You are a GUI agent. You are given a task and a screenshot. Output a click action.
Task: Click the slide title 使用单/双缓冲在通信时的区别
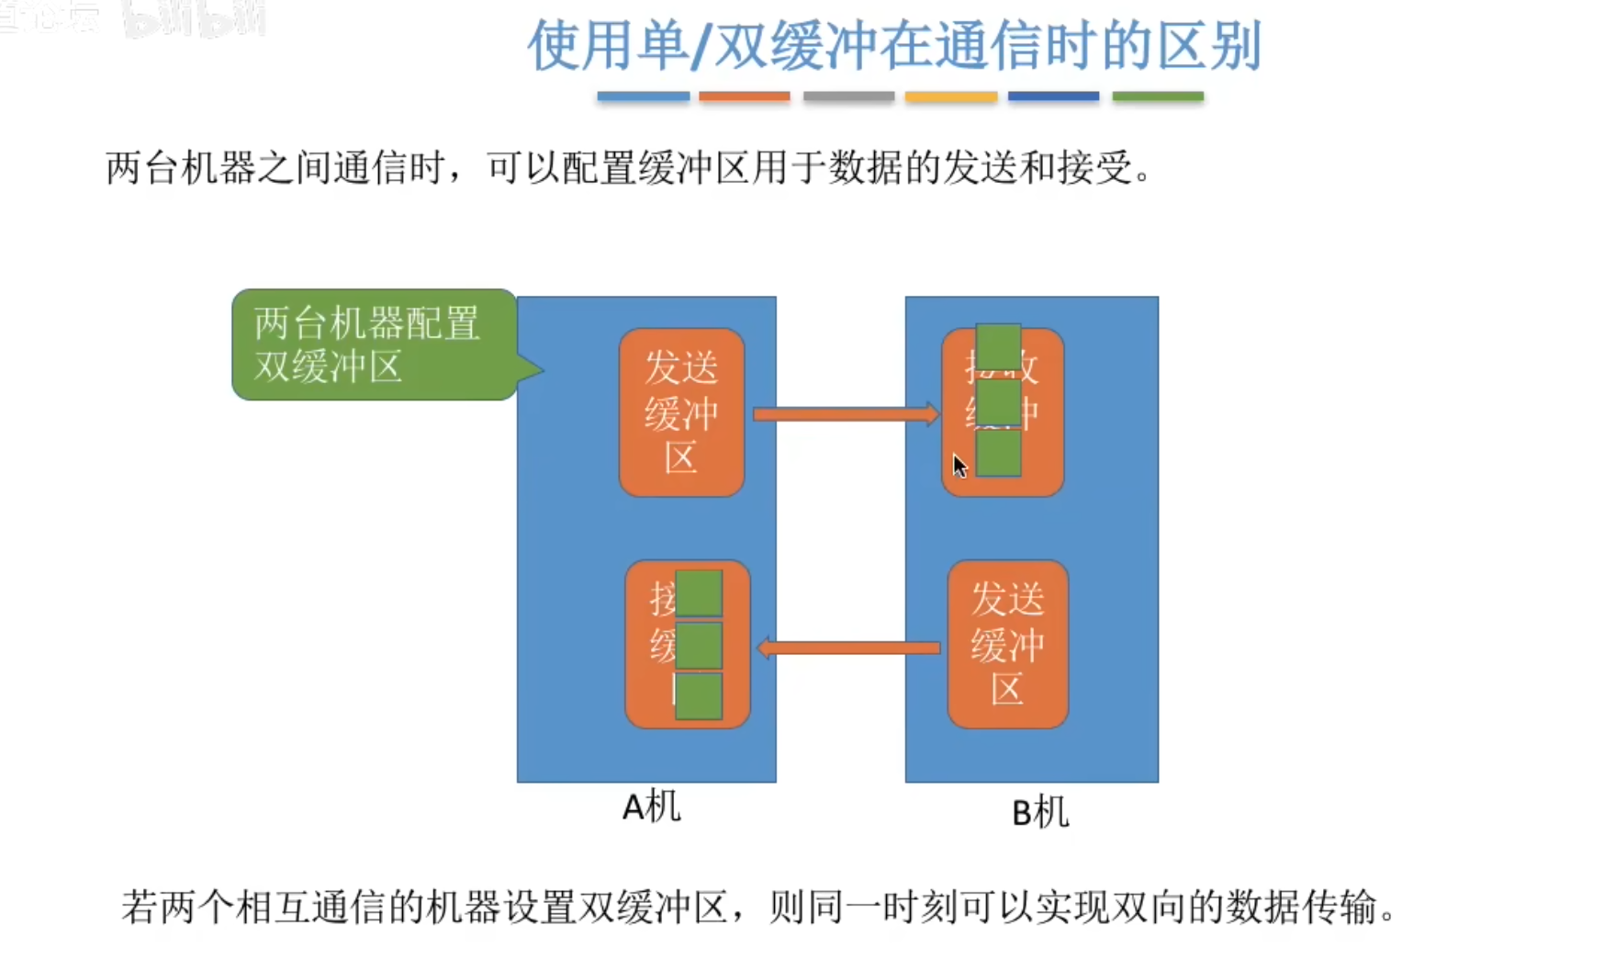tap(893, 46)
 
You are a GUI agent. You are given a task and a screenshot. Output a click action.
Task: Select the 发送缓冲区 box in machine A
tap(681, 412)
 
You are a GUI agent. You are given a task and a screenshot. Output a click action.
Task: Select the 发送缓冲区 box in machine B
tap(1007, 644)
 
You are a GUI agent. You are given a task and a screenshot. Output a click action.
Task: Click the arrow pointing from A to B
tap(845, 414)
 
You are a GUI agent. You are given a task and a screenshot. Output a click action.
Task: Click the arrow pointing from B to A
tap(849, 649)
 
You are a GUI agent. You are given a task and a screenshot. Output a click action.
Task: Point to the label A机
tap(651, 807)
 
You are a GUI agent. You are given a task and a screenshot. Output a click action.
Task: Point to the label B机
tap(1039, 813)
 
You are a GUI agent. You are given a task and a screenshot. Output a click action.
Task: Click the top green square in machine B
tap(998, 347)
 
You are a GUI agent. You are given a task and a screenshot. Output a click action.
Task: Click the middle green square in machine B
tap(998, 402)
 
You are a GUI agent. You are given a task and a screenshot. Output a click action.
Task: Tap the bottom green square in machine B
tap(998, 453)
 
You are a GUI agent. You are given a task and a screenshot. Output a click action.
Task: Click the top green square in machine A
tap(699, 593)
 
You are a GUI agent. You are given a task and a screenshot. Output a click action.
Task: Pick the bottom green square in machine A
tap(699, 696)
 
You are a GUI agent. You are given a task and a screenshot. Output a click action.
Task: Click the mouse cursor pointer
tap(959, 466)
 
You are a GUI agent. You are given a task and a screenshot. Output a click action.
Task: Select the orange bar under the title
tap(744, 96)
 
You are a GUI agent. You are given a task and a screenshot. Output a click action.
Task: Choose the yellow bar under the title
tap(950, 96)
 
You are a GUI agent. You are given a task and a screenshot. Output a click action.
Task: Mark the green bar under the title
tap(1157, 96)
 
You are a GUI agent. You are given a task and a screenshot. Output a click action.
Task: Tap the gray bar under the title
tap(848, 96)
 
